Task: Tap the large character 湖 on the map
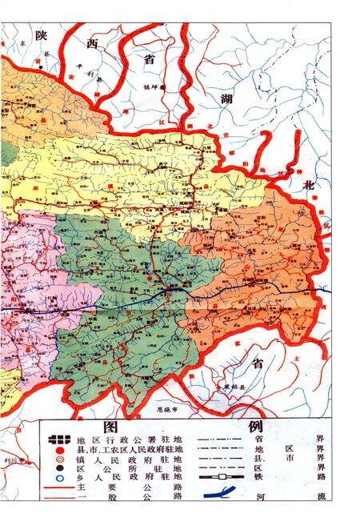229,101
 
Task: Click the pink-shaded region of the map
24,272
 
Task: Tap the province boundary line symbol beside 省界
220,439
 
